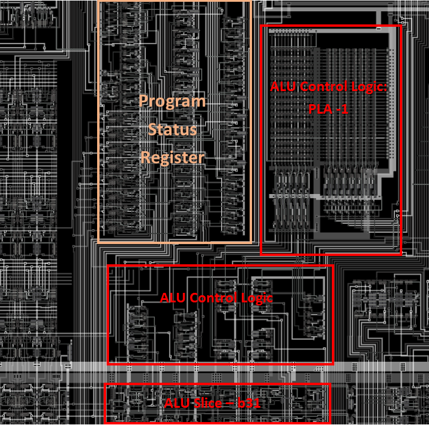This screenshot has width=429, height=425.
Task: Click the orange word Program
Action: pyautogui.click(x=172, y=101)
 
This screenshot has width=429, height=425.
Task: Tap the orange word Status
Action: pyautogui.click(x=172, y=129)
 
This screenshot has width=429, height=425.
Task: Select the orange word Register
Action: pyautogui.click(x=172, y=158)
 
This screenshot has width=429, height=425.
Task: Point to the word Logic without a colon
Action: pyautogui.click(x=256, y=298)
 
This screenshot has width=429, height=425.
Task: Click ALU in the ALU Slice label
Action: pyautogui.click(x=176, y=404)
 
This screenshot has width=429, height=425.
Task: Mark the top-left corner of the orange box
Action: pyautogui.click(x=99, y=1)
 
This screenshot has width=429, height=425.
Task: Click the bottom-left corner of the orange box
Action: pyautogui.click(x=99, y=242)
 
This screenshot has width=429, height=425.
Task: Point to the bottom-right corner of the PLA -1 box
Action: pyautogui.click(x=402, y=254)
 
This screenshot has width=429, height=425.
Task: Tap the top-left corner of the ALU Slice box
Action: pyautogui.click(x=105, y=385)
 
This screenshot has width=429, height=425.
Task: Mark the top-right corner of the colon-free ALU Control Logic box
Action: pyautogui.click(x=333, y=265)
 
